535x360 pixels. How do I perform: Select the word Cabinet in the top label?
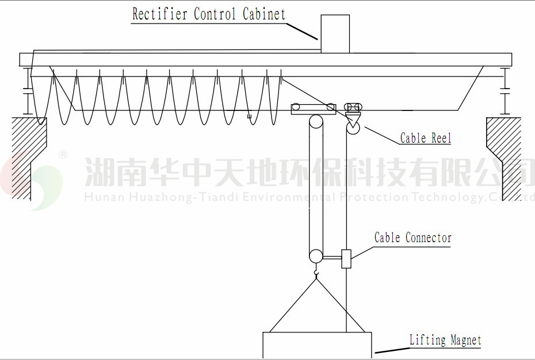264,14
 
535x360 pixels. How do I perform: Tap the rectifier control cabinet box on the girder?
335,34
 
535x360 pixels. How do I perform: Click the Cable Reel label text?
426,138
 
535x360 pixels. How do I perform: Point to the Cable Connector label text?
413,238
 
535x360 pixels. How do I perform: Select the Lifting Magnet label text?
445,340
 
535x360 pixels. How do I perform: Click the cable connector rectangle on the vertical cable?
346,258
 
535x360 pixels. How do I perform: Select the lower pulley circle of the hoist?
315,256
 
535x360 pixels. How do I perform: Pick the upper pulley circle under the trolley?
315,122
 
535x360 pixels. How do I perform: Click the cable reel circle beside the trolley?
353,127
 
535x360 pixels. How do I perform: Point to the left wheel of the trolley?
296,106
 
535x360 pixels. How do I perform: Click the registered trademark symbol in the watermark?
63,155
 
